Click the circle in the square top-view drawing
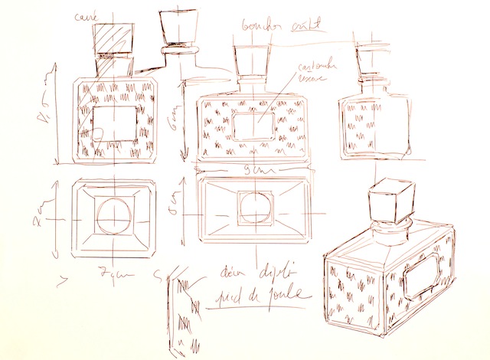(x=113, y=217)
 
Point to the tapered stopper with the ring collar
(x=177, y=31)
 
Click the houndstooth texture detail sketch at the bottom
(x=181, y=310)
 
